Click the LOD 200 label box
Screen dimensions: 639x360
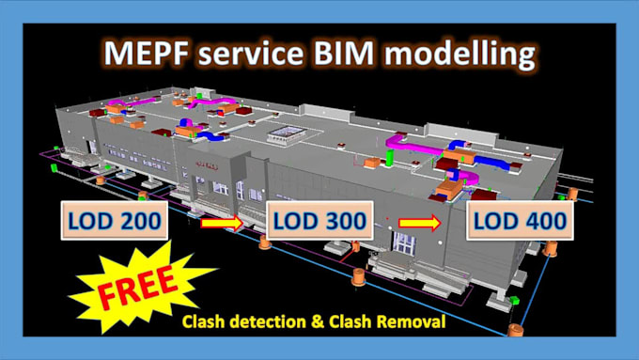pyautogui.click(x=112, y=222)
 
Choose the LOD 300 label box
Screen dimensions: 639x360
pyautogui.click(x=317, y=222)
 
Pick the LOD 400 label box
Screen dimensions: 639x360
pyautogui.click(x=520, y=222)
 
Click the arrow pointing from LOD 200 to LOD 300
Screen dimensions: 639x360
pyautogui.click(x=220, y=223)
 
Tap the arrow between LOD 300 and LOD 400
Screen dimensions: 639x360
pyautogui.click(x=419, y=223)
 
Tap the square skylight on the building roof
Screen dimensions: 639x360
pyautogui.click(x=286, y=133)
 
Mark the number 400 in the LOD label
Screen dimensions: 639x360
pyautogui.click(x=541, y=222)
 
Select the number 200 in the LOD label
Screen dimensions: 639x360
pyautogui.click(x=133, y=222)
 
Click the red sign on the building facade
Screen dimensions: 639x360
pyautogui.click(x=199, y=162)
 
